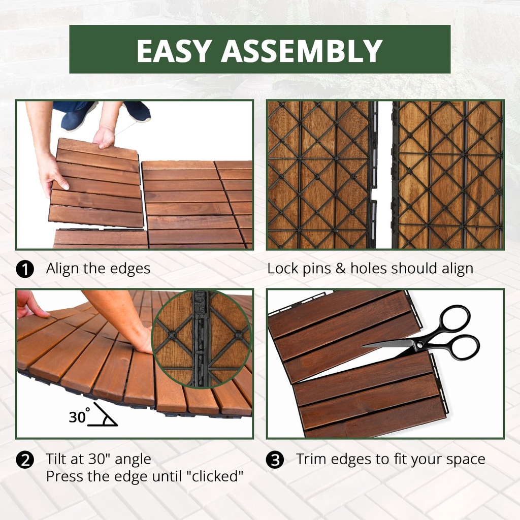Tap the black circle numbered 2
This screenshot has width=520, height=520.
[x=25, y=460]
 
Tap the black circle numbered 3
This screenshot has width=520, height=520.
[x=275, y=460]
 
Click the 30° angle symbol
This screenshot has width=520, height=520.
[x=94, y=415]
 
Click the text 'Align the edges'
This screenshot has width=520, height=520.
[x=98, y=269]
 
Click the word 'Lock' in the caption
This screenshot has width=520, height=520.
[x=282, y=269]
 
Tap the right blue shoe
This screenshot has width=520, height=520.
[x=137, y=110]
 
